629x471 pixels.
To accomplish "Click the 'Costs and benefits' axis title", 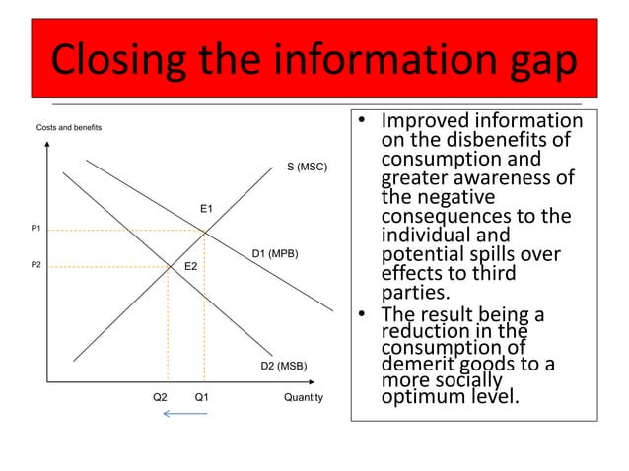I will click(x=68, y=128).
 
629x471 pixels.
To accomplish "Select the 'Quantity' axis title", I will click(x=303, y=398).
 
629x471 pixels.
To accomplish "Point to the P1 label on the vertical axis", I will click(x=35, y=229).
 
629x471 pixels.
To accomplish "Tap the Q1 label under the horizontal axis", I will click(x=202, y=398).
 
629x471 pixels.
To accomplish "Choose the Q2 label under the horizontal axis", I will click(x=160, y=398).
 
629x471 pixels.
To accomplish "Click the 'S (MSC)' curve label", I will click(x=307, y=168).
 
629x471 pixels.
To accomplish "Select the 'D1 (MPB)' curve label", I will click(x=275, y=255).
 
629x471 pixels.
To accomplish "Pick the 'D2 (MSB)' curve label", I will click(x=284, y=367).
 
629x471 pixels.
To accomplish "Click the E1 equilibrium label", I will click(x=207, y=209).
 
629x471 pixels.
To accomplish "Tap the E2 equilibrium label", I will click(x=191, y=267).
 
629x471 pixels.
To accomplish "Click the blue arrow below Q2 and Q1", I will click(x=184, y=414).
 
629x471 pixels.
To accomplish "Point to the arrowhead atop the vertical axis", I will click(x=47, y=147).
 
